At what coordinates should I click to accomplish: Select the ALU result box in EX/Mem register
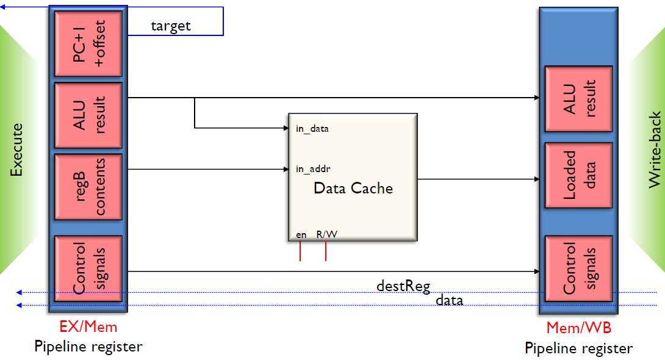[x=88, y=115]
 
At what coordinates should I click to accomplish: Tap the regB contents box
[x=88, y=187]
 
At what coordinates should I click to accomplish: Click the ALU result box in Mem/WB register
[x=578, y=99]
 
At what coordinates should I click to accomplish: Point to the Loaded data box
[x=578, y=175]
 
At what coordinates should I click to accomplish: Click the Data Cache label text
[x=353, y=188]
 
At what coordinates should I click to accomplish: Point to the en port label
[x=301, y=234]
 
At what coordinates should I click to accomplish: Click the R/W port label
[x=326, y=234]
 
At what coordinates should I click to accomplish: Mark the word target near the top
[x=171, y=26]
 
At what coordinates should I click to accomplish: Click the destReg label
[x=403, y=285]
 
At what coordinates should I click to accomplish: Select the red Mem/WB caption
[x=578, y=328]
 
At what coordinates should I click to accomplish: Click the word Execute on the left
[x=17, y=150]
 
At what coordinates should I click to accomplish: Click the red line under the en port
[x=300, y=251]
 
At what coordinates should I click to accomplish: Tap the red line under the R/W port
[x=326, y=251]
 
